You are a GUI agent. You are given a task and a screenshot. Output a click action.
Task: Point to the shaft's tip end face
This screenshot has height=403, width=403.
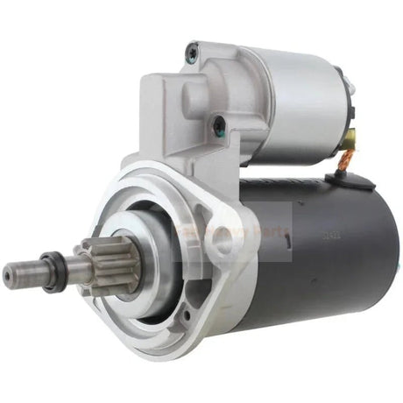[8, 279]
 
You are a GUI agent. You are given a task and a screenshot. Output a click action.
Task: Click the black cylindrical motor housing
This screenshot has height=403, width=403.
[324, 254]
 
